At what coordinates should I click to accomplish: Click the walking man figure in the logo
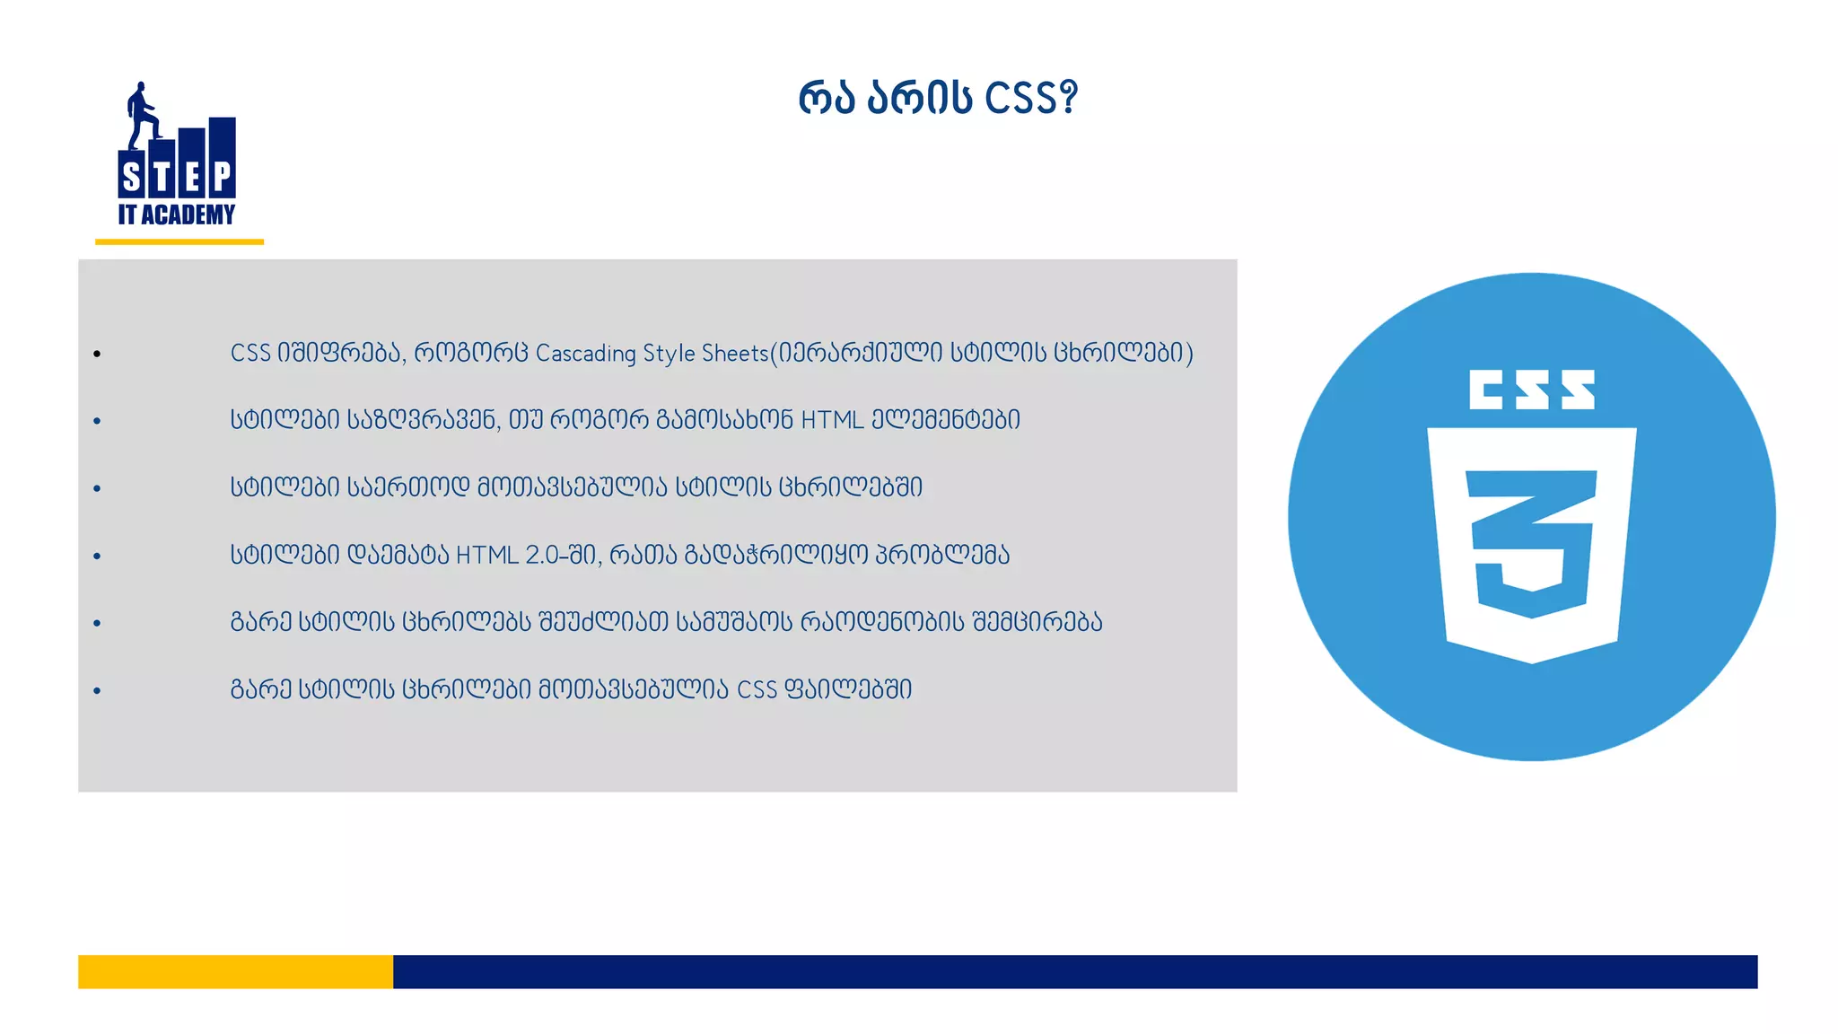point(141,115)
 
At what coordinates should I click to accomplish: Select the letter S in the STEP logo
point(132,178)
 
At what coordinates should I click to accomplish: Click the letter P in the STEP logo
point(222,178)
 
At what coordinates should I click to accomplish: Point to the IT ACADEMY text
point(177,215)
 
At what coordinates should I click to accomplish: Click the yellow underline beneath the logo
point(179,241)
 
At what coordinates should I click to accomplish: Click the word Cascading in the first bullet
point(585,354)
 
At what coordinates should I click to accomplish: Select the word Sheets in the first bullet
point(735,354)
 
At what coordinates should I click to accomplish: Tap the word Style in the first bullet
point(669,354)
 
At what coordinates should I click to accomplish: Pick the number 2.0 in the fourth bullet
point(543,556)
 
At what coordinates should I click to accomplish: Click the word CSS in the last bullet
point(757,690)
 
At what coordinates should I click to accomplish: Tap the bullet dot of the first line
point(97,355)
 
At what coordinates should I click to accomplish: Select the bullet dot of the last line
point(97,691)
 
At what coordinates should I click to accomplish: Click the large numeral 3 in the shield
point(1532,543)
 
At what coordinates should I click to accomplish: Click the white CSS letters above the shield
point(1532,390)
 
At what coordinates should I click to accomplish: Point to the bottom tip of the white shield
point(1532,661)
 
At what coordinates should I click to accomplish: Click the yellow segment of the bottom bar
point(235,971)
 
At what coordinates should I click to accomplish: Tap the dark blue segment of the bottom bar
point(1074,971)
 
